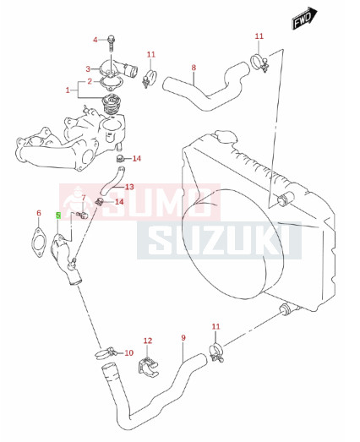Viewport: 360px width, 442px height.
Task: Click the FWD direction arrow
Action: click(304, 18)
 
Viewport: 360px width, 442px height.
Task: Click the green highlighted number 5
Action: click(58, 216)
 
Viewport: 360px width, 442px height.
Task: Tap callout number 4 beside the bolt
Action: click(95, 40)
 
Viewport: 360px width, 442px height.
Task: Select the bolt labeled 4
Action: click(112, 43)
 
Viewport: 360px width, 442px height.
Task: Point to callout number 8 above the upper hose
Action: click(194, 68)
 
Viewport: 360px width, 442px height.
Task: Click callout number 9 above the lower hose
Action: click(183, 337)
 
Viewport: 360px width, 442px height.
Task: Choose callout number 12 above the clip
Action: click(148, 341)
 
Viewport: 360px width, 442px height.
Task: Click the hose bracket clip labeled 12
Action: click(148, 366)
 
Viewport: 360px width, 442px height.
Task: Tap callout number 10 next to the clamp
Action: click(128, 352)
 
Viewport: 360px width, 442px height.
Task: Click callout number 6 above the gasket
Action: click(39, 213)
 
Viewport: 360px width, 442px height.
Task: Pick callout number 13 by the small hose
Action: click(129, 187)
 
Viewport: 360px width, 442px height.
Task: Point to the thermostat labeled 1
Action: click(111, 104)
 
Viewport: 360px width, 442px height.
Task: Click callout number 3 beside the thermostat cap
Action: click(88, 68)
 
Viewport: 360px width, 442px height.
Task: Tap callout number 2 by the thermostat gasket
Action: click(90, 81)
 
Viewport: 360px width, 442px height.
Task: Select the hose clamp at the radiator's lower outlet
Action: click(216, 352)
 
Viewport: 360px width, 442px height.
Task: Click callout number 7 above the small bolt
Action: click(84, 198)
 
